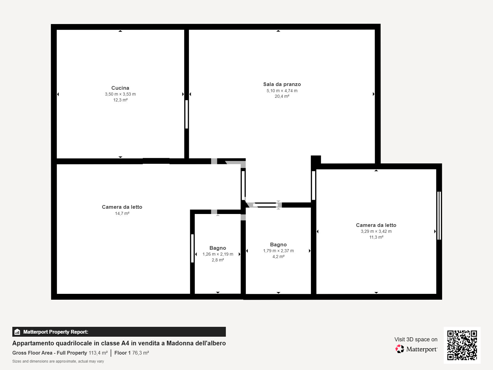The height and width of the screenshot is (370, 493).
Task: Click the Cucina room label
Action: point(120,88)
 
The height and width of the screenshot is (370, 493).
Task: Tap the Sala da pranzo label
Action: point(282,84)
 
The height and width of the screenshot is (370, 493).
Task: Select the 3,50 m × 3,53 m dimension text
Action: point(120,94)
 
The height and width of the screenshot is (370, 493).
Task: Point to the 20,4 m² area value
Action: point(282,96)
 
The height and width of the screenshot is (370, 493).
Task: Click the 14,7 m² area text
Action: point(122,213)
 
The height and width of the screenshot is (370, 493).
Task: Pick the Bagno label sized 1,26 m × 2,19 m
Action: point(218,248)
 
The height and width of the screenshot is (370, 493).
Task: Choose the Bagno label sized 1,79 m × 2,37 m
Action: point(278,245)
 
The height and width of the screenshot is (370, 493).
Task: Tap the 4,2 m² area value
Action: point(278,257)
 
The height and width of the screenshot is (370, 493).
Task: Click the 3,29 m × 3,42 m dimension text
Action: point(376,231)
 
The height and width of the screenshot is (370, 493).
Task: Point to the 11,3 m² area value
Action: point(376,237)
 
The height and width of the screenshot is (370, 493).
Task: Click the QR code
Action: point(462,345)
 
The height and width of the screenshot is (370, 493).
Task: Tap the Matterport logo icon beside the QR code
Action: point(400,349)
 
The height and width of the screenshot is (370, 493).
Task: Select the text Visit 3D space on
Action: point(416,339)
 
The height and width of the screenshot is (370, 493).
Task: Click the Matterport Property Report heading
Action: point(56,332)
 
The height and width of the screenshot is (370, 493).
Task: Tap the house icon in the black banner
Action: point(17,332)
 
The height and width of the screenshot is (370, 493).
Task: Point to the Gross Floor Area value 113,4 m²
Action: point(98,353)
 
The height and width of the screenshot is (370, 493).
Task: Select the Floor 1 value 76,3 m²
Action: point(141,353)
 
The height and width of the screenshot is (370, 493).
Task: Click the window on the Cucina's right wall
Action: point(186,114)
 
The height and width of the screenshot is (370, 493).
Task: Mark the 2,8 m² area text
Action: point(218,260)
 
